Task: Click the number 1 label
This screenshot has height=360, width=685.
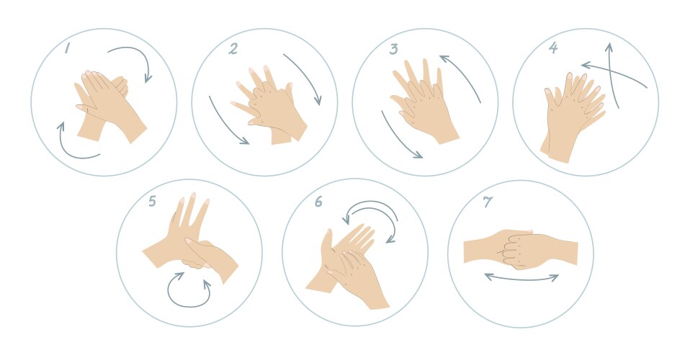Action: click(x=66, y=48)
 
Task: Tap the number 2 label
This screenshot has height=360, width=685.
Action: click(x=233, y=49)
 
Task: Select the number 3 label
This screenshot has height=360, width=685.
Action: click(x=393, y=49)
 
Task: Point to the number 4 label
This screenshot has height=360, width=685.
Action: click(x=552, y=49)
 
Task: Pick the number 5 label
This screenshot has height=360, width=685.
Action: click(x=152, y=201)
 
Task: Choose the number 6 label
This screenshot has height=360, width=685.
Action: click(x=318, y=202)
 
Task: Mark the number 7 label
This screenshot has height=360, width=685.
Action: click(x=488, y=202)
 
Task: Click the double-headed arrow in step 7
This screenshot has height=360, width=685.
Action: click(x=521, y=276)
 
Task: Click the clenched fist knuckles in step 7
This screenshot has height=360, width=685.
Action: click(x=517, y=248)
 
